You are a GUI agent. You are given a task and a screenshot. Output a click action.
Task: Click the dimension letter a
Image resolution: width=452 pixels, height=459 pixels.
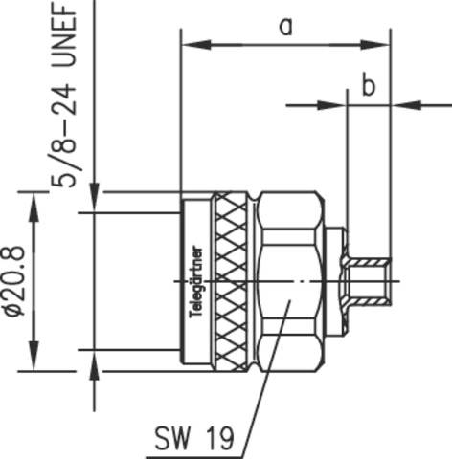point(285,26)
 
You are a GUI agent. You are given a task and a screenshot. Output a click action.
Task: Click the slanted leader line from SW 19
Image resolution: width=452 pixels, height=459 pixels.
point(266,382)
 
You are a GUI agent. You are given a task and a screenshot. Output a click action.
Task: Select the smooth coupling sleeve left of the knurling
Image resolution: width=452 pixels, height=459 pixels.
point(196,229)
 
